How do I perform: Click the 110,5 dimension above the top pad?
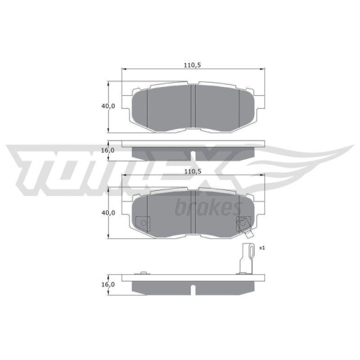tap(191, 65)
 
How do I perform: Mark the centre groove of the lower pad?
tap(194, 214)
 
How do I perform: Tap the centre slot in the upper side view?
tap(194, 155)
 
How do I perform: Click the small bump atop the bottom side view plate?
tap(143, 272)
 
